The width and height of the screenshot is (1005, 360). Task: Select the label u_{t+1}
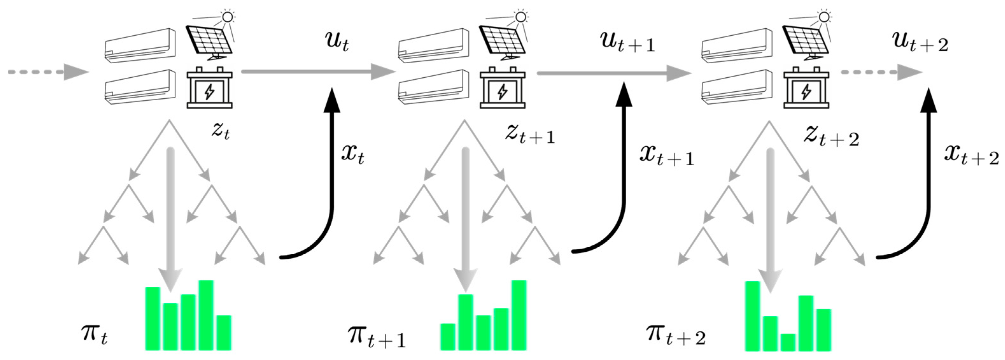click(x=627, y=44)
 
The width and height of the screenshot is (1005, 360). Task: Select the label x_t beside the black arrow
click(x=353, y=154)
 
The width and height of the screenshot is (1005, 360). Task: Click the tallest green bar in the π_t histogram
click(x=206, y=315)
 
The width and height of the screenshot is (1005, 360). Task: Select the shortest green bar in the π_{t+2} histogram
click(x=788, y=342)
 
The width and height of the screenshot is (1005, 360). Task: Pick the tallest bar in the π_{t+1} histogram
click(x=519, y=315)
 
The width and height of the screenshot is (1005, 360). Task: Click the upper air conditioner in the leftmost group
click(x=140, y=45)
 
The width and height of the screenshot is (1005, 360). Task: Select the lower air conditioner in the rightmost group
click(x=737, y=87)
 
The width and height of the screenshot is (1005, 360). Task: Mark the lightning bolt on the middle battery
click(x=503, y=92)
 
